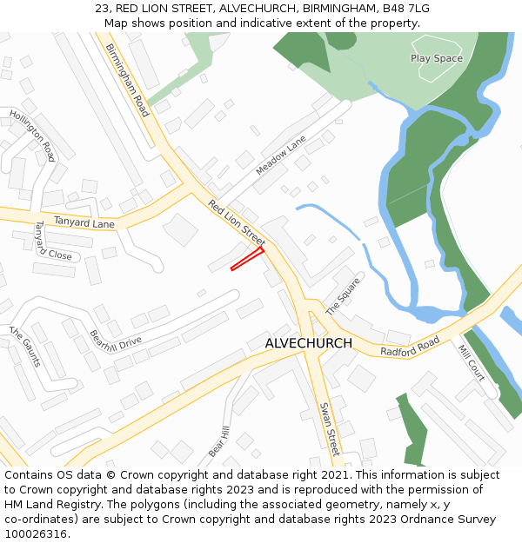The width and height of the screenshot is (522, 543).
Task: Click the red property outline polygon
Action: [247, 259]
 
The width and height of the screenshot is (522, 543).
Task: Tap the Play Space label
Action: [436, 58]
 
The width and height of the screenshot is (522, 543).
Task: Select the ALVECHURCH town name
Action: [309, 343]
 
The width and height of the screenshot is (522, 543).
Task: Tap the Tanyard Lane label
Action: [84, 223]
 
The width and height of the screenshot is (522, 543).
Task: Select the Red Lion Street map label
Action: [237, 222]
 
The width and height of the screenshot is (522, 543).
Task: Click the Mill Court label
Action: [472, 362]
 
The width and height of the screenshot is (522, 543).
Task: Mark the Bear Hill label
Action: [217, 442]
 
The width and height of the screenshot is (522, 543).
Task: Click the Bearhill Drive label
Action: [115, 340]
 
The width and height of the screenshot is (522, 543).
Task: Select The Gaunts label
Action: [25, 346]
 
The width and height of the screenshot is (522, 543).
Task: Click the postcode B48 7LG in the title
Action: [403, 9]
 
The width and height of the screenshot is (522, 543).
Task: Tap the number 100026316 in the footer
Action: [36, 534]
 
